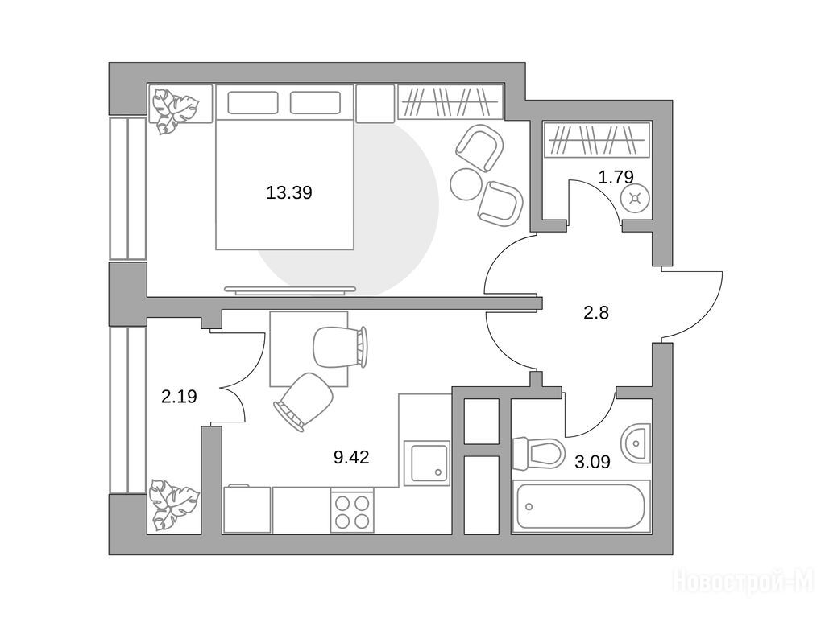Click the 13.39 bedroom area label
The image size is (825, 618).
tap(289, 193)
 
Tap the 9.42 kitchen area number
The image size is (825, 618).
tap(351, 457)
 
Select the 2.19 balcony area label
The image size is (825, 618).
tap(179, 396)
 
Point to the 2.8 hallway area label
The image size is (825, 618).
tap(596, 313)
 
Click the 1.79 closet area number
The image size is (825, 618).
tap(616, 176)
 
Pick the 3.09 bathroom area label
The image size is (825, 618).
tap(592, 463)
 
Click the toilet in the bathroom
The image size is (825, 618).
tap(537, 454)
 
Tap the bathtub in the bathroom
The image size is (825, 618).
tap(581, 506)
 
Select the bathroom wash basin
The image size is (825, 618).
tap(636, 443)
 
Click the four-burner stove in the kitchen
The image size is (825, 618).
tap(352, 512)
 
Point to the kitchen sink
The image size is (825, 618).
tap(427, 463)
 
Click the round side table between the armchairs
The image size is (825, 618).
tap(466, 184)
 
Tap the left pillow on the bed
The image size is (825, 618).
tap(252, 102)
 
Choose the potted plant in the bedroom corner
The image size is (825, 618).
tap(174, 111)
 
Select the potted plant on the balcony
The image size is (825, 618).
tap(174, 505)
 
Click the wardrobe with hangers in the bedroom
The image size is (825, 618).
tap(450, 101)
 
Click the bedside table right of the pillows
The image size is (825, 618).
tap(375, 104)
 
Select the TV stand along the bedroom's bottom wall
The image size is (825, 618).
tap(290, 290)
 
